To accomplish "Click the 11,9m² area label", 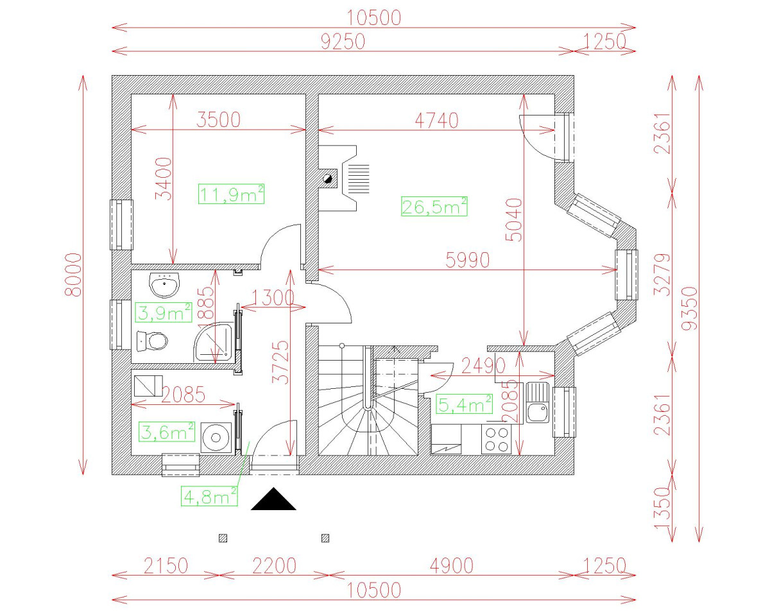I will coord(232,194).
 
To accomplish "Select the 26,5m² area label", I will coord(434,207).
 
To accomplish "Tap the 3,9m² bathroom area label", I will coord(164,312).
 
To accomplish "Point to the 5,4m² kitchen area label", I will coord(464,405).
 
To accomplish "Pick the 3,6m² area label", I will coord(167,432).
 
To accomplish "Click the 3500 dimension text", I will coord(218,119).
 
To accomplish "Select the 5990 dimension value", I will coord(468,259).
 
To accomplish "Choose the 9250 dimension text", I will coord(343,41).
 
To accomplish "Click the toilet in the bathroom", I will coord(153,340).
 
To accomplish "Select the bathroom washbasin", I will coord(165,284).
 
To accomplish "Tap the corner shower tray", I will coord(214,342).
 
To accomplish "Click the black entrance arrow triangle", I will coord(273,500).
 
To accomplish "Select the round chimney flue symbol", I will coord(327,180).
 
